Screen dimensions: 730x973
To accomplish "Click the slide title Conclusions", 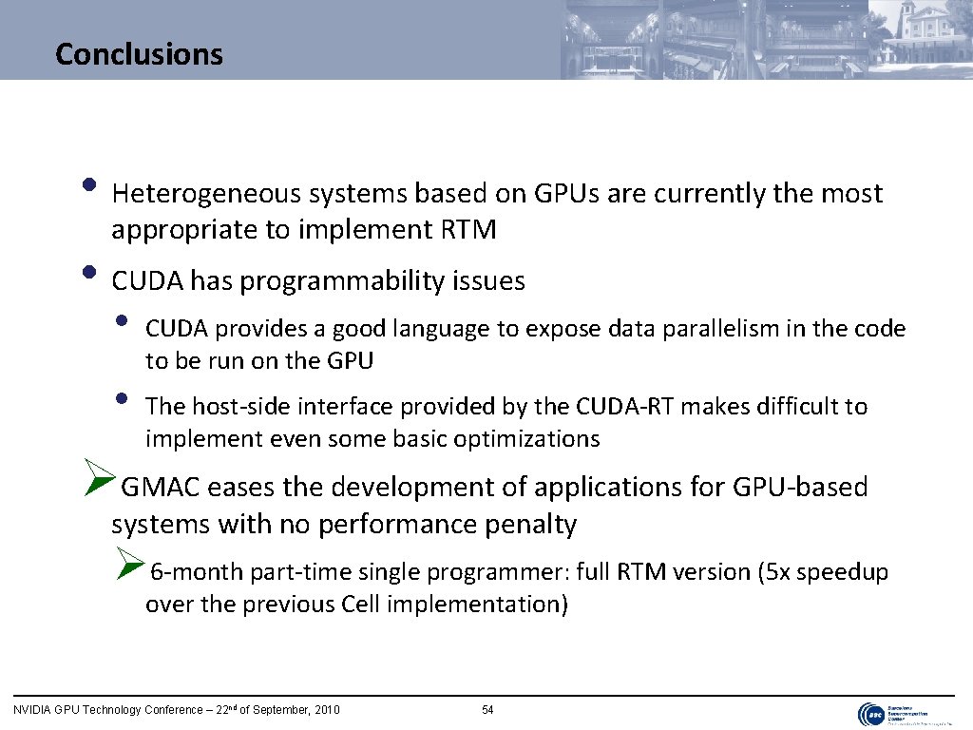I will coord(139,53).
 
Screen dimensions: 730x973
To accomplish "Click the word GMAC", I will coord(162,488).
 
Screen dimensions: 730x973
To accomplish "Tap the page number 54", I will coord(487,710).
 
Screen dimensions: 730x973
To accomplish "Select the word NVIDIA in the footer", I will coord(31,710).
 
